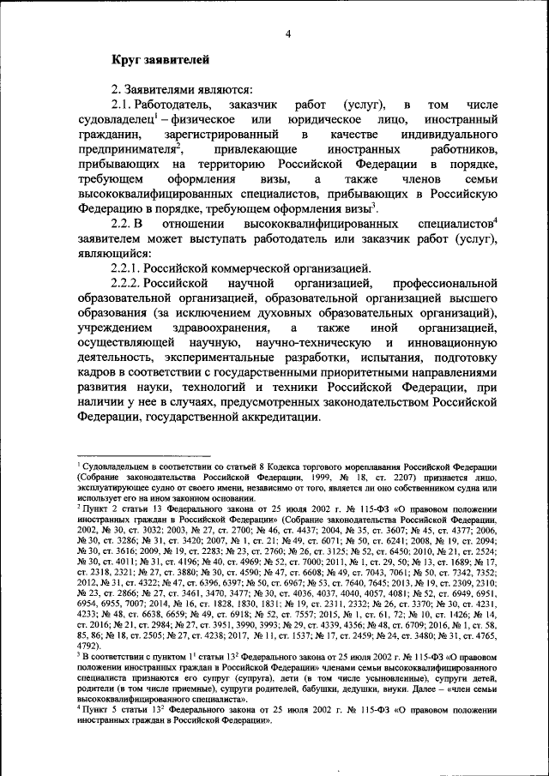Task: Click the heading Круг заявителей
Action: tap(159, 59)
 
